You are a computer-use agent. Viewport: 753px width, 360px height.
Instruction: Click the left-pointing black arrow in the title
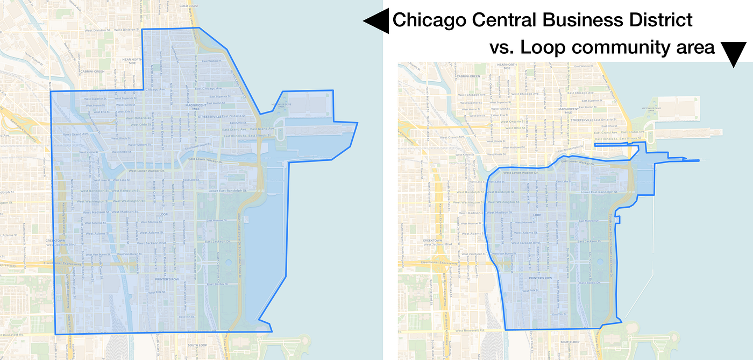tap(375, 21)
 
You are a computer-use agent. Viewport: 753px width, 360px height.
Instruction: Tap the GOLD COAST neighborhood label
tap(189, 6)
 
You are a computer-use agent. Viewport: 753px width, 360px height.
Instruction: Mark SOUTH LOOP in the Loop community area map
tap(569, 342)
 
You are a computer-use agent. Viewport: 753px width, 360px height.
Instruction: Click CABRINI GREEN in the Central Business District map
tap(90, 70)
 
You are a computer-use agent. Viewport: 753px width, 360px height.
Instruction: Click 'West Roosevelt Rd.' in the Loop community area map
tap(469, 330)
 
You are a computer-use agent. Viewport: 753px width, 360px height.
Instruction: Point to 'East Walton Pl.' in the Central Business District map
tap(211, 61)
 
